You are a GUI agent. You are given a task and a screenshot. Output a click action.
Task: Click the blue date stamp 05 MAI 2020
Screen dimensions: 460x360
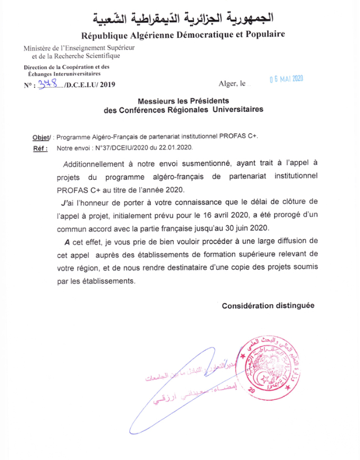coord(286,79)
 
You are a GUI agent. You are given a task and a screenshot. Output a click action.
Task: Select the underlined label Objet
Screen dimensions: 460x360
coord(41,137)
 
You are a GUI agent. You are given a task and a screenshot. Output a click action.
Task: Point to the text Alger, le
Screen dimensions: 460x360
coord(232,84)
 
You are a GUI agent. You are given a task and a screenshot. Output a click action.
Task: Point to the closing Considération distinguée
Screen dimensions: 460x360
coord(268,306)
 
